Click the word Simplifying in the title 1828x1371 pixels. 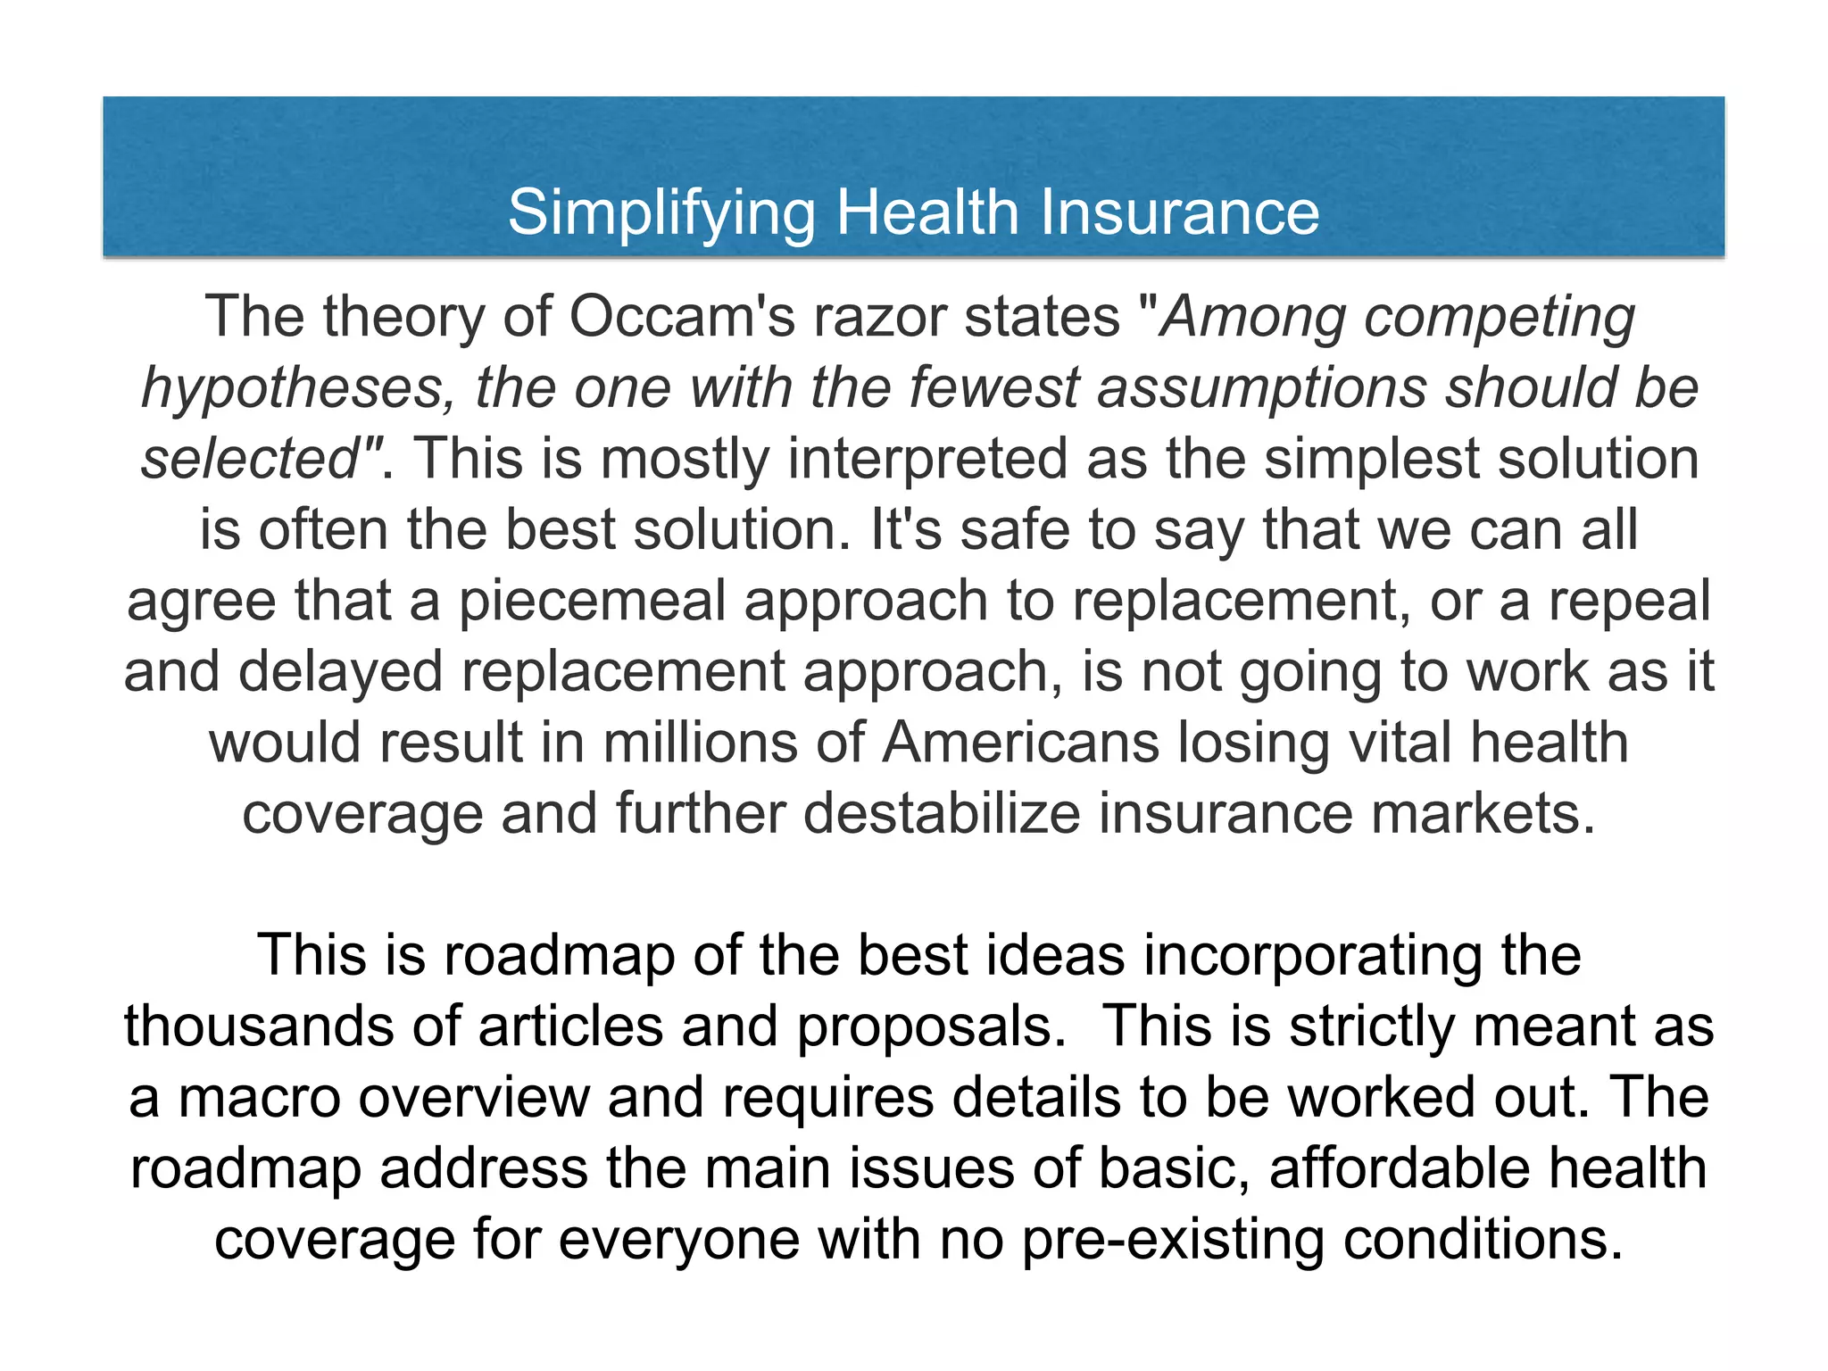point(661,214)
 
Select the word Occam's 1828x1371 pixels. point(681,317)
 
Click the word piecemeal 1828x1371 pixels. point(592,601)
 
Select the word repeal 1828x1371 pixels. point(1629,601)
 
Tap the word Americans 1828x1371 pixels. point(1020,743)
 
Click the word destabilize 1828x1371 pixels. point(941,814)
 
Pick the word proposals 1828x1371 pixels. point(931,1026)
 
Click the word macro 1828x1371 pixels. point(259,1098)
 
